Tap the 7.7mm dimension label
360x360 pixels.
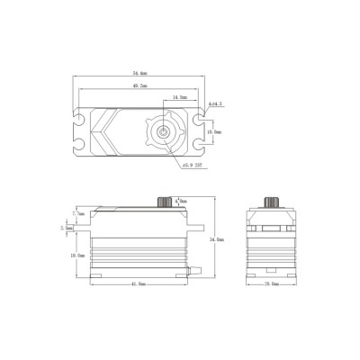(80, 214)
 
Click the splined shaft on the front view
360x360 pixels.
(166, 201)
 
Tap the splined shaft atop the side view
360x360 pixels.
(272, 201)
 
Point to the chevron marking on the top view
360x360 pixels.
(106, 131)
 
